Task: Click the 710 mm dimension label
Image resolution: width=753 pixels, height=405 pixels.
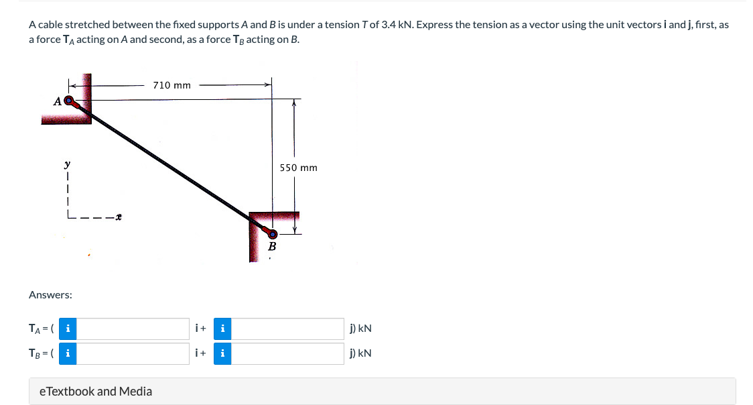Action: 172,85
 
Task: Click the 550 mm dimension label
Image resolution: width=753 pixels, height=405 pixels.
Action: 299,168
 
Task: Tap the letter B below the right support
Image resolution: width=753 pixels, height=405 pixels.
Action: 272,247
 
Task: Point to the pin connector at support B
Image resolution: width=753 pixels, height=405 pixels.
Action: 271,233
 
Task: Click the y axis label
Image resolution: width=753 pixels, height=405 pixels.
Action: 66,163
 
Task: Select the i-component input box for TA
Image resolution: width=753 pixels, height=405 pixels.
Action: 137,329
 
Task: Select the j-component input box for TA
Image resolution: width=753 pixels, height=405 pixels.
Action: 289,329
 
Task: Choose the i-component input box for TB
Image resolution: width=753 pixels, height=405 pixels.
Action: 137,353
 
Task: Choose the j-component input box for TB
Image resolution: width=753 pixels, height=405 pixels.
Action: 289,353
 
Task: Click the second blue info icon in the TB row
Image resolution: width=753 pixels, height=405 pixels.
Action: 222,353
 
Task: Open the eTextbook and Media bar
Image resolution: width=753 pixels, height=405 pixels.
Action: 382,391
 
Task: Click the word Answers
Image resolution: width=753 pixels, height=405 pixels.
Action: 51,294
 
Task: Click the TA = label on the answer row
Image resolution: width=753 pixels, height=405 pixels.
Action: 40,329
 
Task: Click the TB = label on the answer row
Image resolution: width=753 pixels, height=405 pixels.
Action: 40,353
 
